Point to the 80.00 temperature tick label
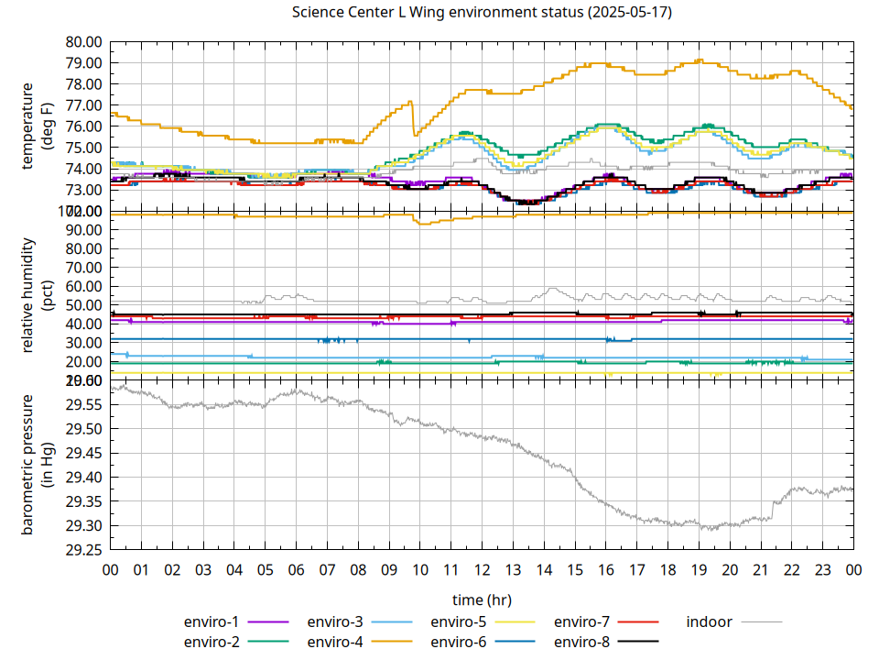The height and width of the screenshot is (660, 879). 83,42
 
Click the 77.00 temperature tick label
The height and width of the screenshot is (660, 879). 83,105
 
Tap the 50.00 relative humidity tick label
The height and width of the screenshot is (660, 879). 83,305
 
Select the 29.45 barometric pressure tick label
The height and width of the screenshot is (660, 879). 83,454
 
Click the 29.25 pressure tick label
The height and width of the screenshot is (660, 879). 83,550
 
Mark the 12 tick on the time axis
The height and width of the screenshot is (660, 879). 482,570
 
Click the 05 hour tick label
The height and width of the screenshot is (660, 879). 265,570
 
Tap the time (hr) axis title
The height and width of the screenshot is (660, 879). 482,599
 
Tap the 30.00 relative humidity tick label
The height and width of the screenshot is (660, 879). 83,343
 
